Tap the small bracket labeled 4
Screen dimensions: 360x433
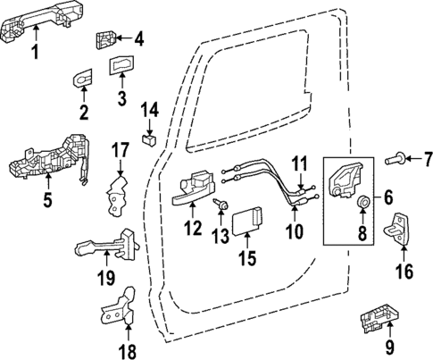106,39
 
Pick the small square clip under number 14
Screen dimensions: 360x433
150,138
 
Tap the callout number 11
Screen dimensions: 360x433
300,163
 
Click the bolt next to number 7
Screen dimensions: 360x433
394,159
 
